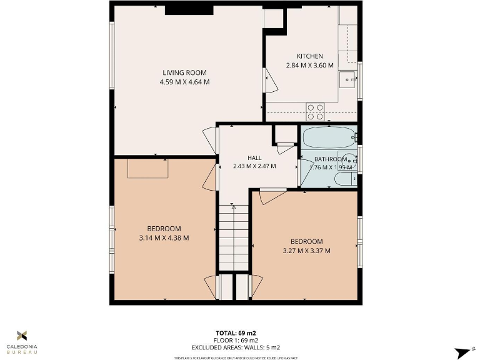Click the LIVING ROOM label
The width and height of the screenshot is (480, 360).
[184, 73]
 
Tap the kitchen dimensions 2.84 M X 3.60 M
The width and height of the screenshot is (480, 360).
[309, 65]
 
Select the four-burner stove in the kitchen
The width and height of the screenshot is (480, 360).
[315, 112]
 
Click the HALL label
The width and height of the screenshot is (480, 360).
[254, 158]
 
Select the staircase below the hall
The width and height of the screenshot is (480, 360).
[234, 238]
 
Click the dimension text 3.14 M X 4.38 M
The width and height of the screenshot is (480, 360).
[164, 237]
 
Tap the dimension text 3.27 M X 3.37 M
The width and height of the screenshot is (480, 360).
[306, 251]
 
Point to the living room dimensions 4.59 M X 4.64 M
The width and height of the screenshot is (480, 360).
[184, 82]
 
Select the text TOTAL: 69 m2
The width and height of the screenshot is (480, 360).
[236, 333]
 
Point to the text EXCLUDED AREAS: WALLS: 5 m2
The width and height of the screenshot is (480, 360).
[236, 347]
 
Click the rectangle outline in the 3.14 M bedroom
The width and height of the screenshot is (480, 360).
[148, 169]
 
